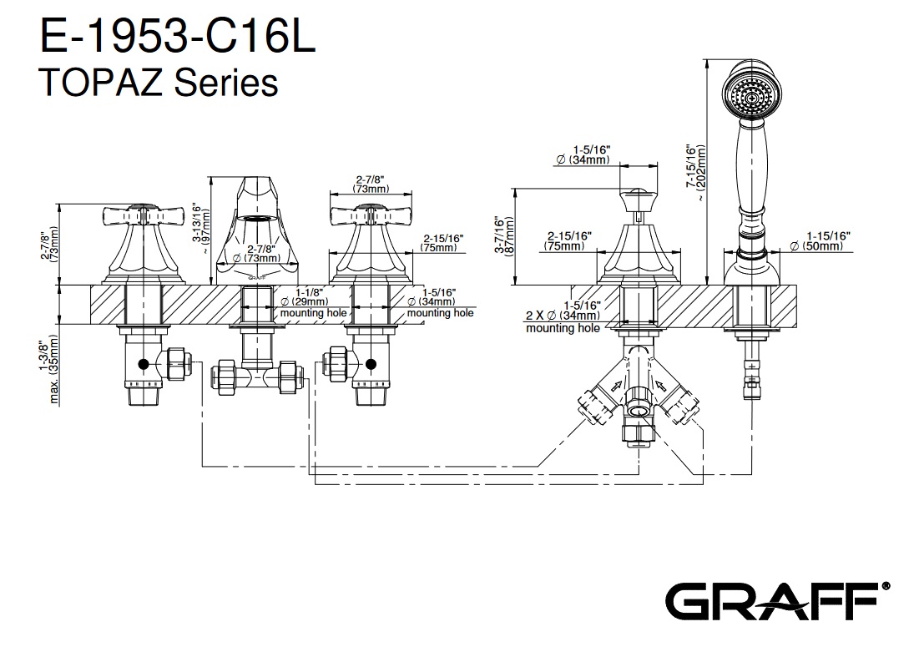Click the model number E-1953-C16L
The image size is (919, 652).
pyautogui.click(x=178, y=38)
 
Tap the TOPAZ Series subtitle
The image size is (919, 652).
pyautogui.click(x=159, y=82)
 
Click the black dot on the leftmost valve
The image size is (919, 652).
pyautogui.click(x=144, y=365)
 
